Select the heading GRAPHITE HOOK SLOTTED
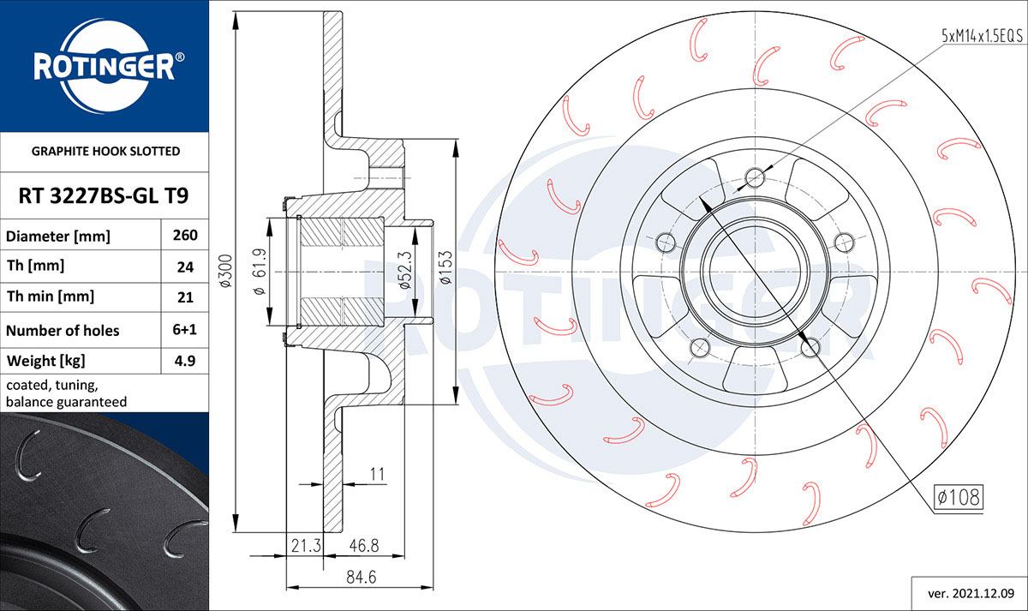click(x=105, y=151)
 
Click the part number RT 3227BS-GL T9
click(x=104, y=196)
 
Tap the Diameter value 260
click(x=186, y=236)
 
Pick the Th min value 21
click(x=186, y=297)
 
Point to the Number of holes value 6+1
click(x=186, y=330)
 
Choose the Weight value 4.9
click(x=186, y=361)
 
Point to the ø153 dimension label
click(x=445, y=270)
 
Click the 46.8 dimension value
click(x=364, y=544)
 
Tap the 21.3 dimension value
click(x=305, y=544)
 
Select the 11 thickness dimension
click(x=377, y=473)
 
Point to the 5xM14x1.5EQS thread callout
click(x=982, y=35)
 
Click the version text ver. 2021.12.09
click(x=965, y=592)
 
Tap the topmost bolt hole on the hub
click(x=755, y=177)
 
